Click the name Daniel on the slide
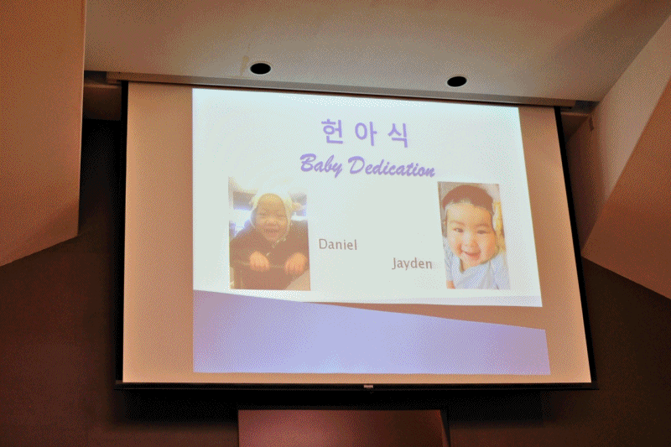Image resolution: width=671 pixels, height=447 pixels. [x=338, y=244]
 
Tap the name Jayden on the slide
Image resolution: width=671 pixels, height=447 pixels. [x=412, y=263]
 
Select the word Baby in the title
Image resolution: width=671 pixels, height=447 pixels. [x=321, y=165]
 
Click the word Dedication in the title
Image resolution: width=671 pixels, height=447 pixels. [x=391, y=167]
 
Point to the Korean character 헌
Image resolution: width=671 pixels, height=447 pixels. [x=333, y=132]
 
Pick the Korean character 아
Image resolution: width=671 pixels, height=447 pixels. [x=365, y=133]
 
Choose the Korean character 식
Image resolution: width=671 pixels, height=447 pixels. [x=398, y=135]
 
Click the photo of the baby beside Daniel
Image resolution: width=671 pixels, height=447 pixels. [x=269, y=233]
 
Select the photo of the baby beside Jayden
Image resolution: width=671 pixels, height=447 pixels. [x=473, y=236]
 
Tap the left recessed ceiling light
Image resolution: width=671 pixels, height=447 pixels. [x=260, y=68]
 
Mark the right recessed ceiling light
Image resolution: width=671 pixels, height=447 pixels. [x=456, y=81]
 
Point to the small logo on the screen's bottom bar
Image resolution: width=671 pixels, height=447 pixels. [x=368, y=387]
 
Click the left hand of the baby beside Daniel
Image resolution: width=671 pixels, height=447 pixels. [x=259, y=261]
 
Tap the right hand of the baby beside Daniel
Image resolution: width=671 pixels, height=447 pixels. [x=296, y=263]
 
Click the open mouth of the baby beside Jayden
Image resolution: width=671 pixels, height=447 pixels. [x=471, y=255]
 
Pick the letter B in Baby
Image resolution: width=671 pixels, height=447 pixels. [x=308, y=164]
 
